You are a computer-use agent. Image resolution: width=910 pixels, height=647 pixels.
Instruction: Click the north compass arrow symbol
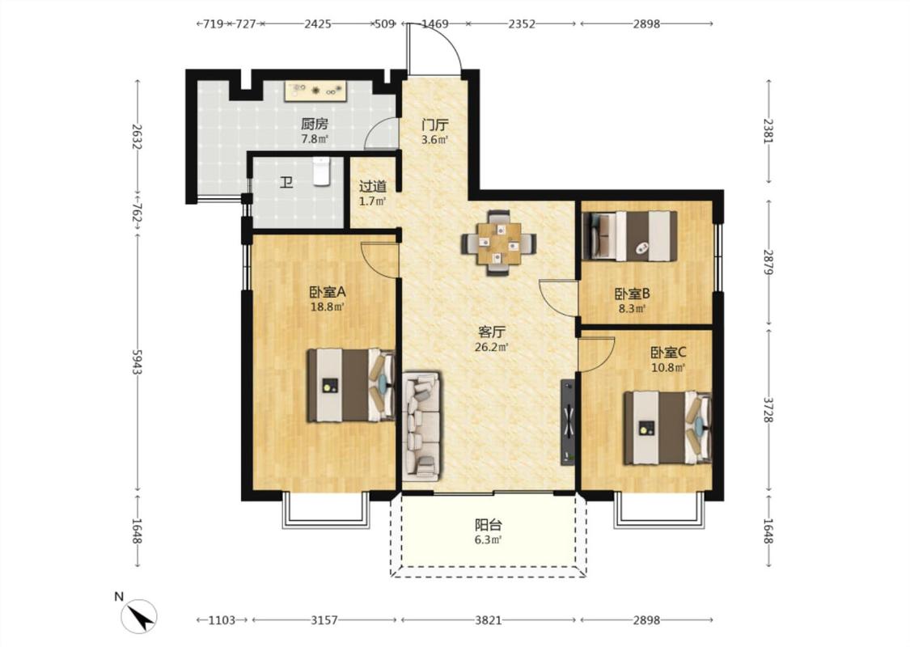[139, 616]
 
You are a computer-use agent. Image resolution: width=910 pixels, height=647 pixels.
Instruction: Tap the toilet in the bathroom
[321, 171]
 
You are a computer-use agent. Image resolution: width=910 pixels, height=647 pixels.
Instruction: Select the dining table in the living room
[498, 243]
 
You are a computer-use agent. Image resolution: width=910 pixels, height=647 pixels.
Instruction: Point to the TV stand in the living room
[568, 422]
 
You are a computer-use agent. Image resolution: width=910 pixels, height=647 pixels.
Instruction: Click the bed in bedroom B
[629, 236]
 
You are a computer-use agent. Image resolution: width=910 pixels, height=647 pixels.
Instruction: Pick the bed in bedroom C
[667, 429]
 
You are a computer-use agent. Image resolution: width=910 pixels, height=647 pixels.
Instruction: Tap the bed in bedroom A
[352, 385]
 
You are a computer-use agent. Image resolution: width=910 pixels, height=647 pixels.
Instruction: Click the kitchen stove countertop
[315, 91]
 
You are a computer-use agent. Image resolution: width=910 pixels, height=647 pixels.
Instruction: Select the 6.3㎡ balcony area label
[488, 540]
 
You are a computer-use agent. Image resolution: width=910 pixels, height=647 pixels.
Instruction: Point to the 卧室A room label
[328, 292]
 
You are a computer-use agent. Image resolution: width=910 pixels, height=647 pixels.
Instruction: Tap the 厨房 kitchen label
[315, 124]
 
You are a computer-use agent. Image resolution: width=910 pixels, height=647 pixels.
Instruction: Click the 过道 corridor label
[373, 186]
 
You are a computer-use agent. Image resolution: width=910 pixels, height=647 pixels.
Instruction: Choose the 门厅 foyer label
[434, 125]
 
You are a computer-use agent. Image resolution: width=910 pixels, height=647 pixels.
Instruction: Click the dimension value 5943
[137, 362]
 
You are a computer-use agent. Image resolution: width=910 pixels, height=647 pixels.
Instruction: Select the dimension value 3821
[488, 620]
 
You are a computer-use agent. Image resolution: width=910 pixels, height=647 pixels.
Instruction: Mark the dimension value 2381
[768, 132]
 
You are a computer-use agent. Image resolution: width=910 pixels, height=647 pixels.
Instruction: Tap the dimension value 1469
[434, 23]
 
